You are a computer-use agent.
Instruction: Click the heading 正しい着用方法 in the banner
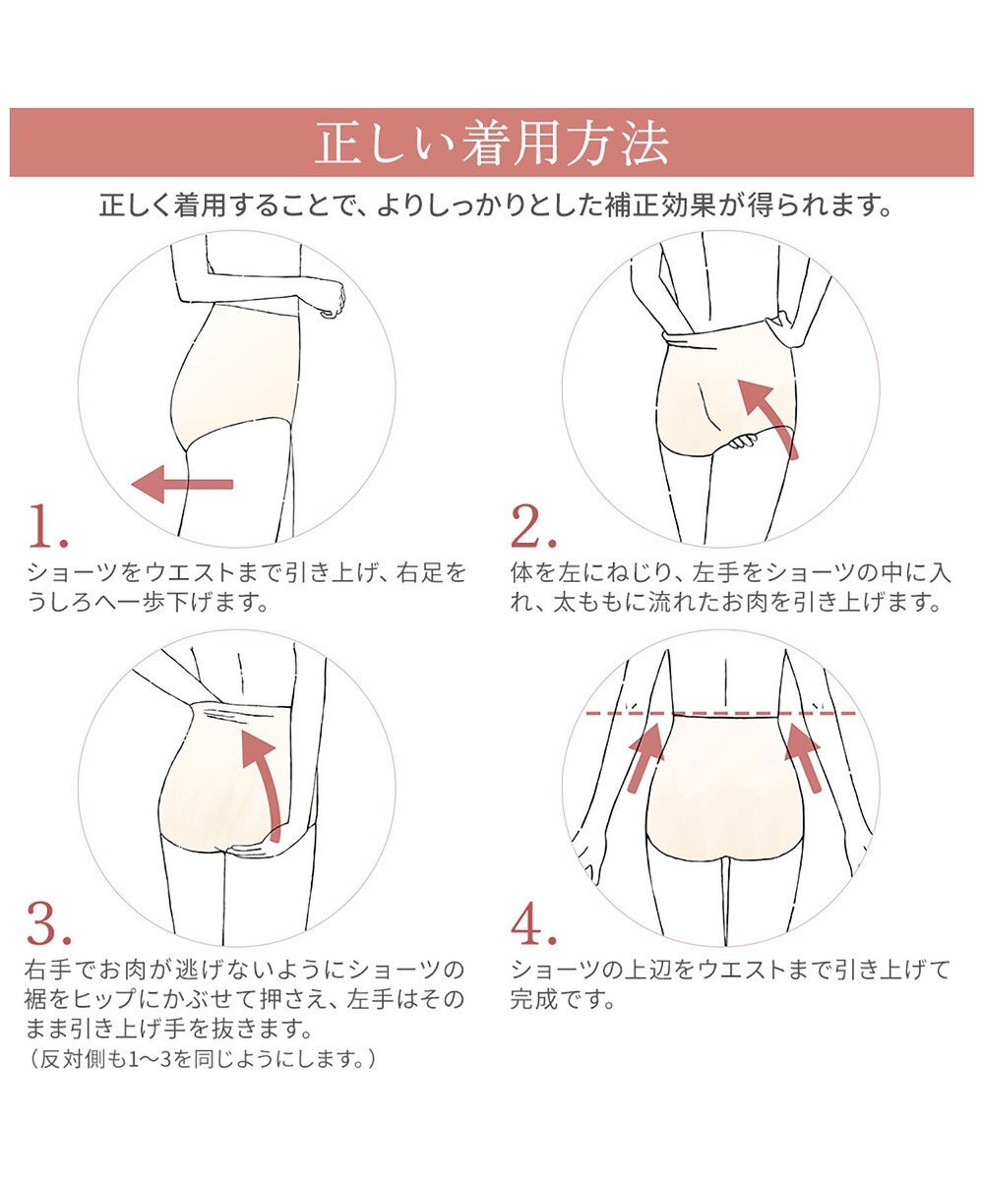tap(491, 144)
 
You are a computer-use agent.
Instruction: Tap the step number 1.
tap(48, 527)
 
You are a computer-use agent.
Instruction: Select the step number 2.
tap(533, 527)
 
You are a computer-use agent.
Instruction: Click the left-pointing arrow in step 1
tap(182, 485)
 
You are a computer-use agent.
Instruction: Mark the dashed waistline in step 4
tap(720, 714)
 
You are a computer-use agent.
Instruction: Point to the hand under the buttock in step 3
tap(250, 848)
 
